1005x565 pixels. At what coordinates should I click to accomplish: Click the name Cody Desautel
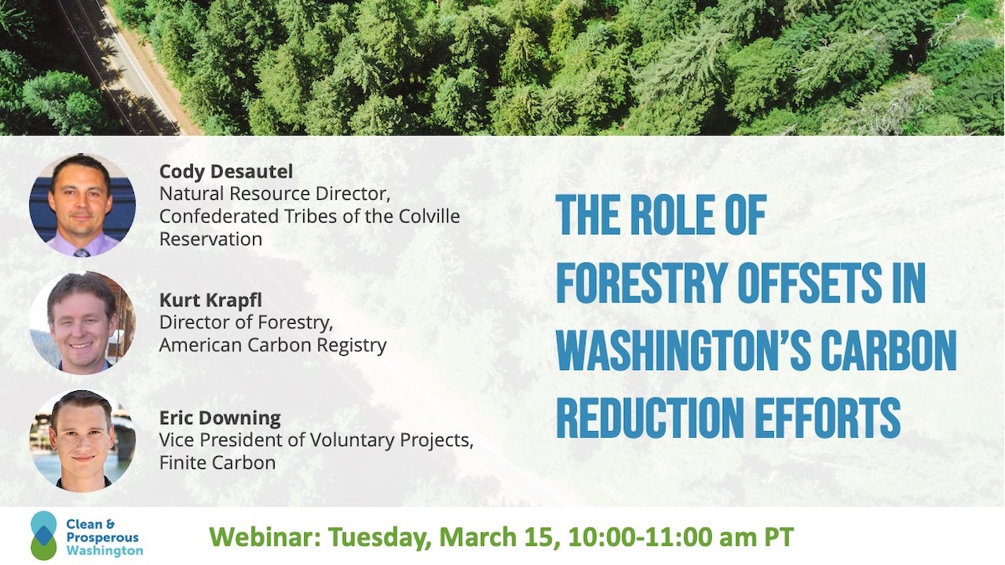[226, 172]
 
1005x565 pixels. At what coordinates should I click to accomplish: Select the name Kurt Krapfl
[210, 300]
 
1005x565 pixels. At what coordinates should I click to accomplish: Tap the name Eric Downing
[219, 418]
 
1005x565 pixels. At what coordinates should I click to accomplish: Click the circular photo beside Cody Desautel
[82, 205]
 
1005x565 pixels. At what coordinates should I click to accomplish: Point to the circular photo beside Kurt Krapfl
[82, 323]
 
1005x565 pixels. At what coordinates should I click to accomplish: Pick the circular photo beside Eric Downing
[82, 440]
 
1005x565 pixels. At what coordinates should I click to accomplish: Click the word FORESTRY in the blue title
[642, 284]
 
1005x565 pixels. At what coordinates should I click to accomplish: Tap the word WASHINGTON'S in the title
[683, 351]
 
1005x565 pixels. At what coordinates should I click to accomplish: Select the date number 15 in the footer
[545, 537]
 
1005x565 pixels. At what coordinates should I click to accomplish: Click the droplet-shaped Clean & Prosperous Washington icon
[44, 536]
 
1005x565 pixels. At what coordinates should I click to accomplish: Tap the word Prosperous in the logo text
[102, 537]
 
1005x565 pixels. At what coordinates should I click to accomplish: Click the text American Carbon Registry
[273, 345]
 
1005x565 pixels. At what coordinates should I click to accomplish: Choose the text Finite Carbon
[218, 463]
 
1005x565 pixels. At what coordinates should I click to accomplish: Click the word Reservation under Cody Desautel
[211, 239]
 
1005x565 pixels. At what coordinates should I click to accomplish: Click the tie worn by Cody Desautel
[82, 253]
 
